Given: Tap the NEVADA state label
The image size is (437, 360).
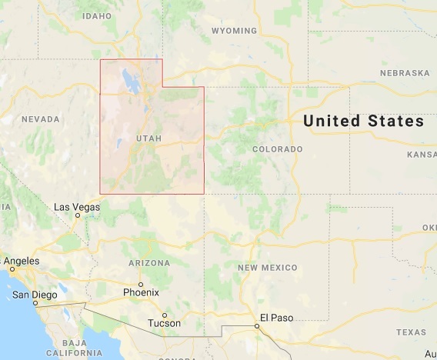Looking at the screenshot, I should coord(40,119).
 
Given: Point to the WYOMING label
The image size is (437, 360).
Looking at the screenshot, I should coord(234,31).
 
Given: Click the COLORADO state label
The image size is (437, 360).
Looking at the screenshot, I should coord(277,148).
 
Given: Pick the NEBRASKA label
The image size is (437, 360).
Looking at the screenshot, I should coord(404,73).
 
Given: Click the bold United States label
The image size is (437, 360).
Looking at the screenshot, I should coord(363,122).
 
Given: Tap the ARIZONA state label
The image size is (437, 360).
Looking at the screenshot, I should coord(148,263).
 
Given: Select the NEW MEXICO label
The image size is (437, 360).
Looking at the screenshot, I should coord(267,267).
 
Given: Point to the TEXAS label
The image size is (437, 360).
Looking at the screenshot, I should coord(410,332).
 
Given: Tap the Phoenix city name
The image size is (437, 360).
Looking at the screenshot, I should coord(141,292).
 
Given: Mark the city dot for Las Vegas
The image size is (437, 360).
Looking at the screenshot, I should coord(78,216).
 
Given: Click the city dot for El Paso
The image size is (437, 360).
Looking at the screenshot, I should coord(258,325).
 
